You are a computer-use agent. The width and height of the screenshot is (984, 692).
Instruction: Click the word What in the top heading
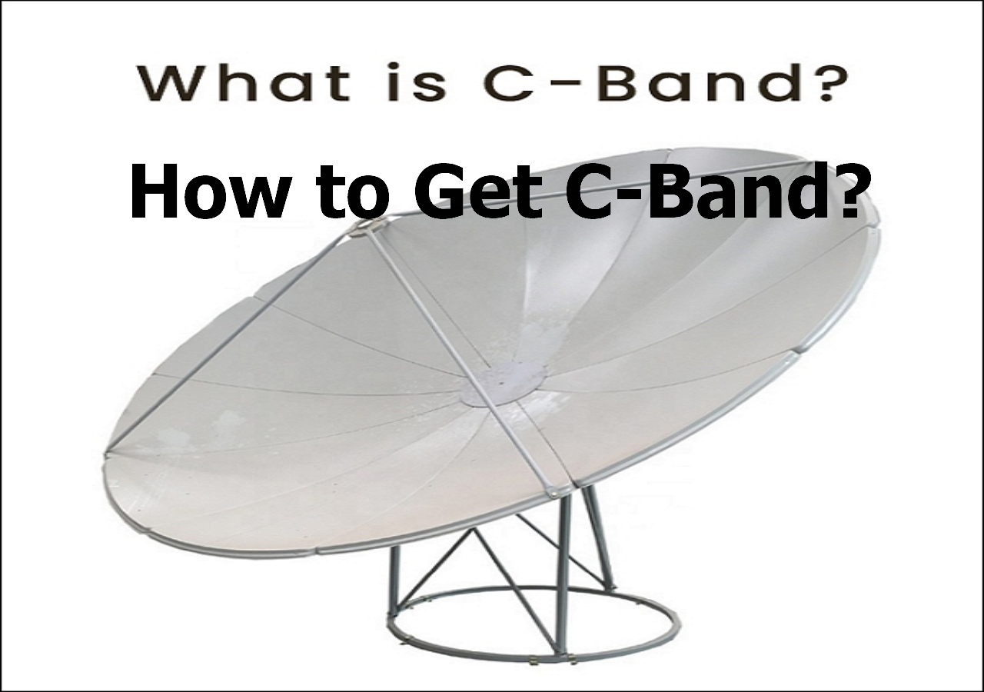point(244,82)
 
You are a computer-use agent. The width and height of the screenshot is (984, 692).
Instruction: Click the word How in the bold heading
point(204,192)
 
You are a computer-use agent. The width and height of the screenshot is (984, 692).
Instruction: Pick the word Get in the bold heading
point(480,192)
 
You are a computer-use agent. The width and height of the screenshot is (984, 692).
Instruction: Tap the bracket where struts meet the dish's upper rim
point(369,226)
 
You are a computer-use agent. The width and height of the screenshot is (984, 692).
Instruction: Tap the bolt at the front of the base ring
point(534,684)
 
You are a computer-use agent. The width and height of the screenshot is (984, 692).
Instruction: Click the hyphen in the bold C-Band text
point(628,196)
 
